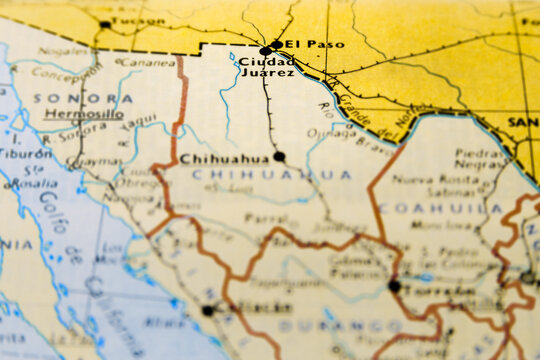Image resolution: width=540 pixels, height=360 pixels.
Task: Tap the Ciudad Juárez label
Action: point(267,67)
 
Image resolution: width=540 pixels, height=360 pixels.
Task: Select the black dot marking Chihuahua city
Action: point(279,156)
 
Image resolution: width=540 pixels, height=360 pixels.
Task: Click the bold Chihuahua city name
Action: point(225,158)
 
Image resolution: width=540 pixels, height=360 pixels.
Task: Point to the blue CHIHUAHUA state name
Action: point(271,175)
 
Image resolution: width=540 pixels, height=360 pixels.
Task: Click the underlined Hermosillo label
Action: point(84,115)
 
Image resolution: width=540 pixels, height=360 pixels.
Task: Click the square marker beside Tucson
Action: point(105,23)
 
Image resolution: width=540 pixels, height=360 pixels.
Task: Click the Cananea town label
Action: point(146,62)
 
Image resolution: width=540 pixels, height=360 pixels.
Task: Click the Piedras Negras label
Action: point(479,159)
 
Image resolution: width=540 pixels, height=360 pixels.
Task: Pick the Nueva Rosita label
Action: point(424,180)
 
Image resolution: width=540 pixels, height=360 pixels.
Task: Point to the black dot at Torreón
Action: point(394,286)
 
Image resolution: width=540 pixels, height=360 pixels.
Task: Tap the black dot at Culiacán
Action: point(207,311)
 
